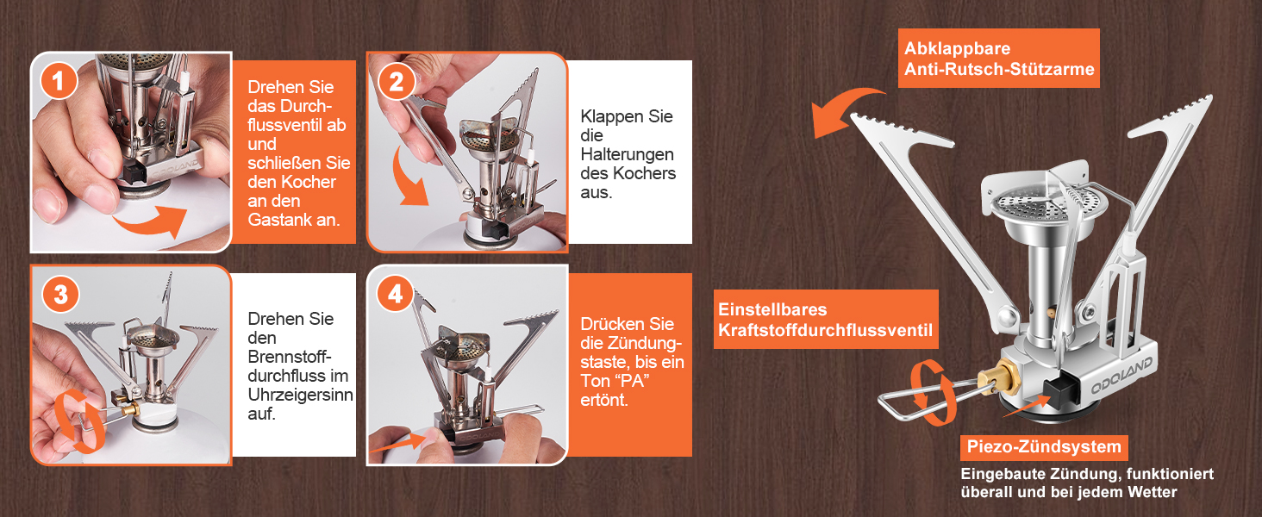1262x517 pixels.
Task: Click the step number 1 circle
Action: pyautogui.click(x=58, y=81)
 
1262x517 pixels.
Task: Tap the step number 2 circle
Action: pyautogui.click(x=396, y=82)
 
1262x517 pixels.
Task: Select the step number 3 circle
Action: pyautogui.click(x=60, y=294)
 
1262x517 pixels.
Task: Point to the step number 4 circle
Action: pyautogui.click(x=395, y=294)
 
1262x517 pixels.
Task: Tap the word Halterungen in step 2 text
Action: pyautogui.click(x=627, y=154)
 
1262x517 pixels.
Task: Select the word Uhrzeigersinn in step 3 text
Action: pyautogui.click(x=300, y=395)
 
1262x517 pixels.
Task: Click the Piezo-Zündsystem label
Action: pyautogui.click(x=1044, y=447)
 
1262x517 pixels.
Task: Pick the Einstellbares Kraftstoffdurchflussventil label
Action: pyautogui.click(x=826, y=320)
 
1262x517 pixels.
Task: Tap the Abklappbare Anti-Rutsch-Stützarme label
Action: pyautogui.click(x=998, y=59)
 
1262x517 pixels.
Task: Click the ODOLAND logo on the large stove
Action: pyautogui.click(x=1122, y=375)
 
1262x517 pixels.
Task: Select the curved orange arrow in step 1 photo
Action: pyautogui.click(x=151, y=222)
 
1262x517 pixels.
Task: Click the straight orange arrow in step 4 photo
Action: pyautogui.click(x=398, y=443)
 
